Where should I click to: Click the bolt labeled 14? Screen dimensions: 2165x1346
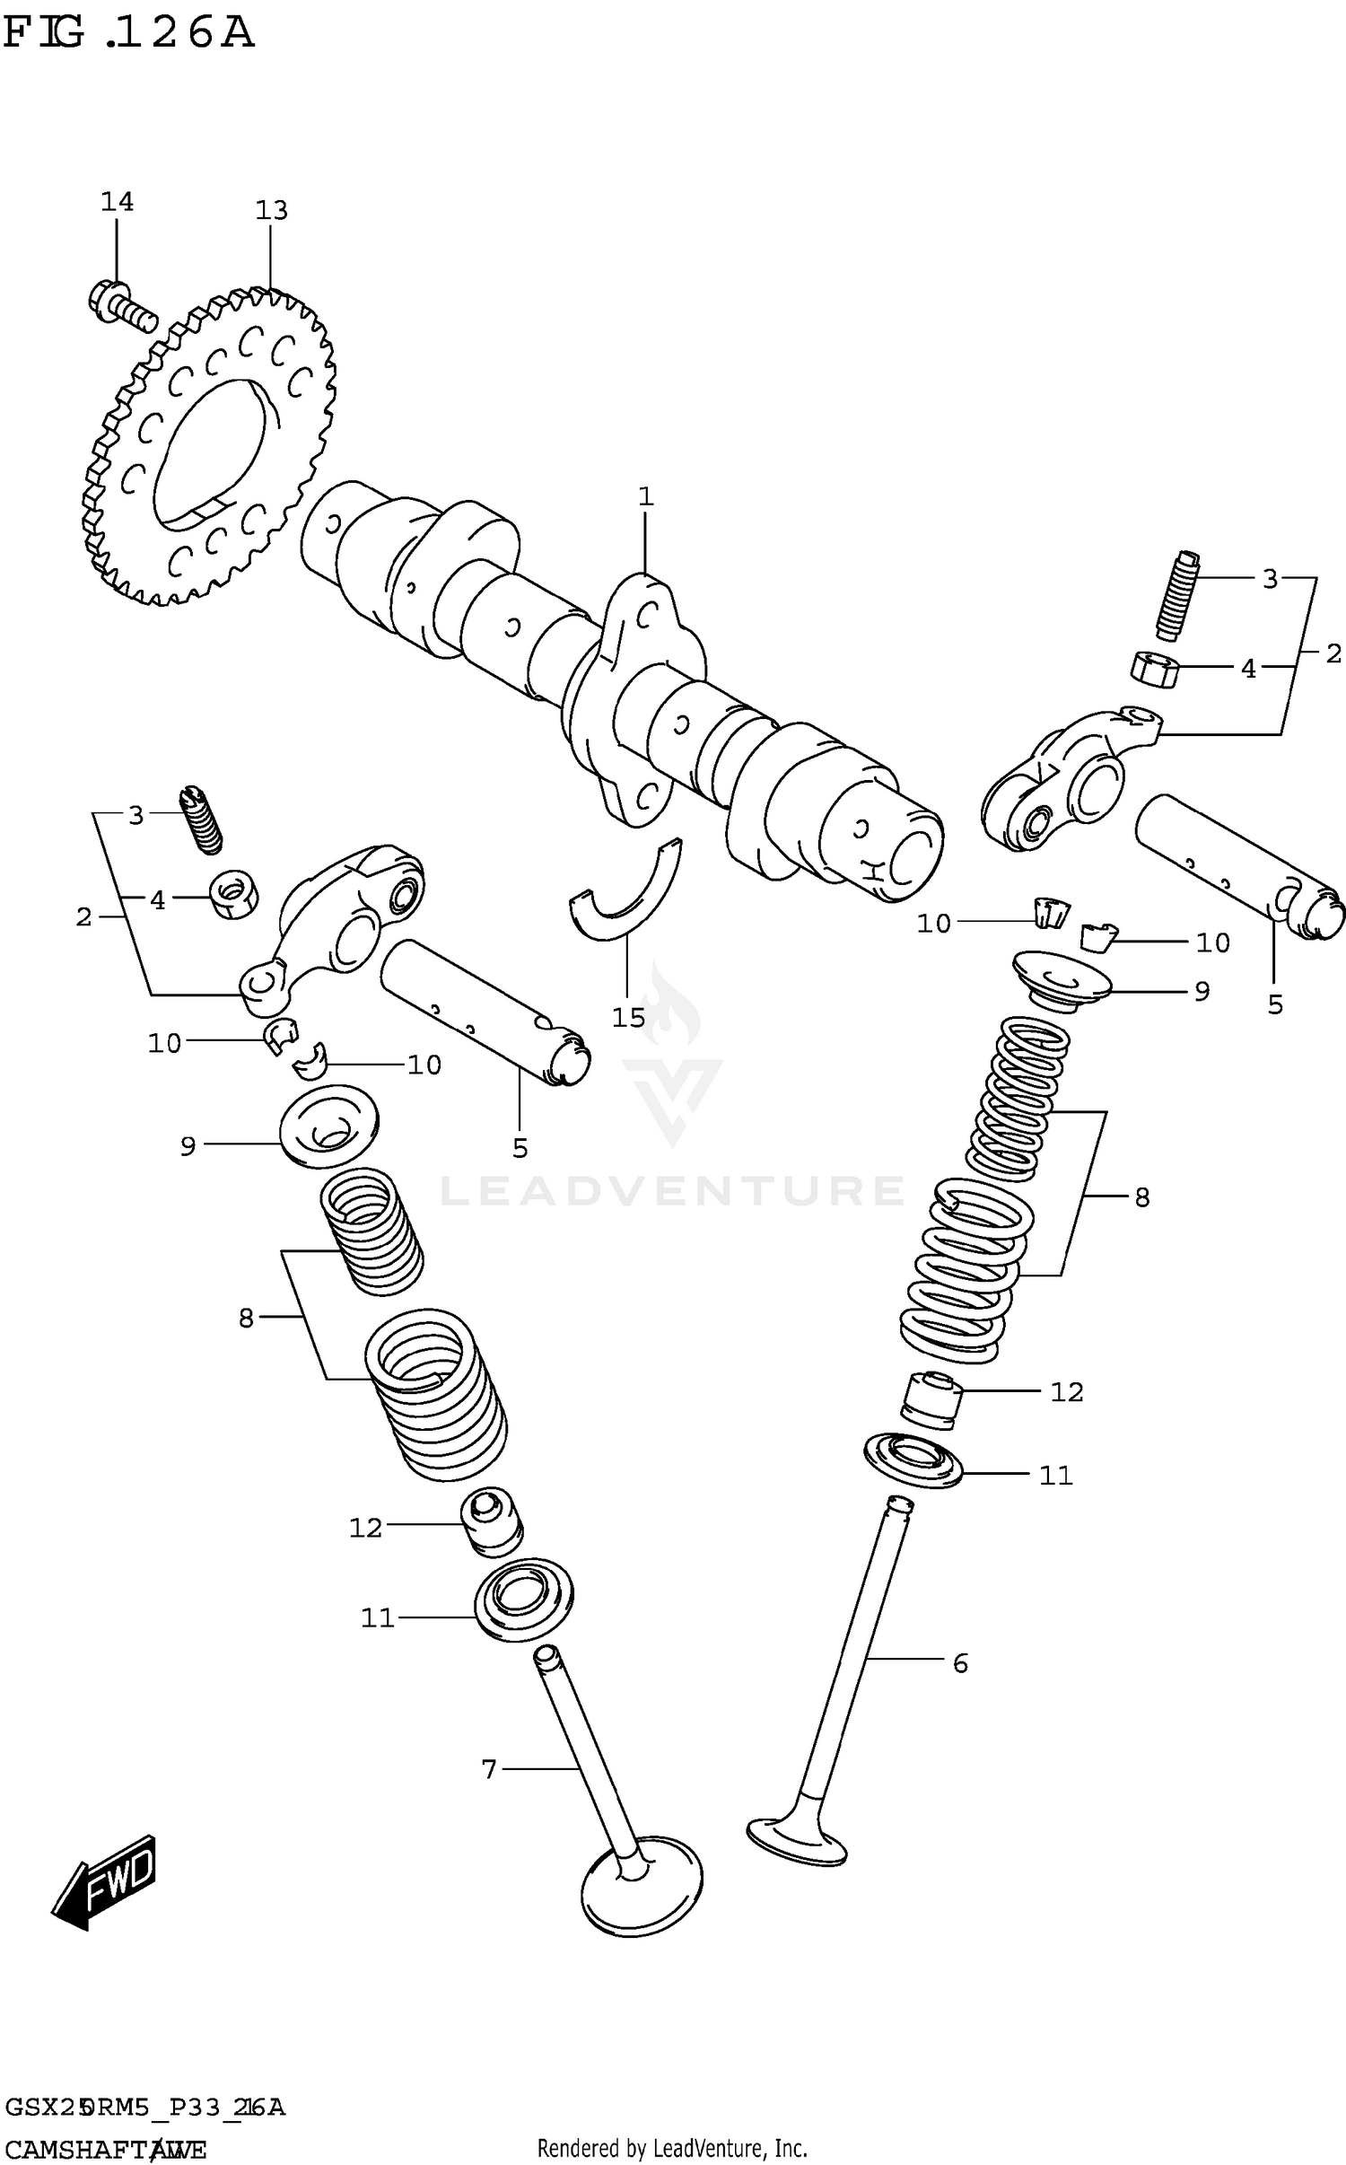[121, 303]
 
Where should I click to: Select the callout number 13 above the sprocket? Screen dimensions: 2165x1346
[271, 211]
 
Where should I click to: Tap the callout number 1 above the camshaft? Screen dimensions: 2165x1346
[645, 496]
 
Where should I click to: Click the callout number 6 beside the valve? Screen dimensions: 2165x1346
[960, 1663]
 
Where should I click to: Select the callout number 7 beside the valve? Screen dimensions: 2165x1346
[489, 1769]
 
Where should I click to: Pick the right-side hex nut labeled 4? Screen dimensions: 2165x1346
[1153, 669]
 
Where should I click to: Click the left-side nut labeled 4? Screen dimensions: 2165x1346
[234, 894]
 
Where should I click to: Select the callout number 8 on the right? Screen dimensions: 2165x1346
[1141, 1197]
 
